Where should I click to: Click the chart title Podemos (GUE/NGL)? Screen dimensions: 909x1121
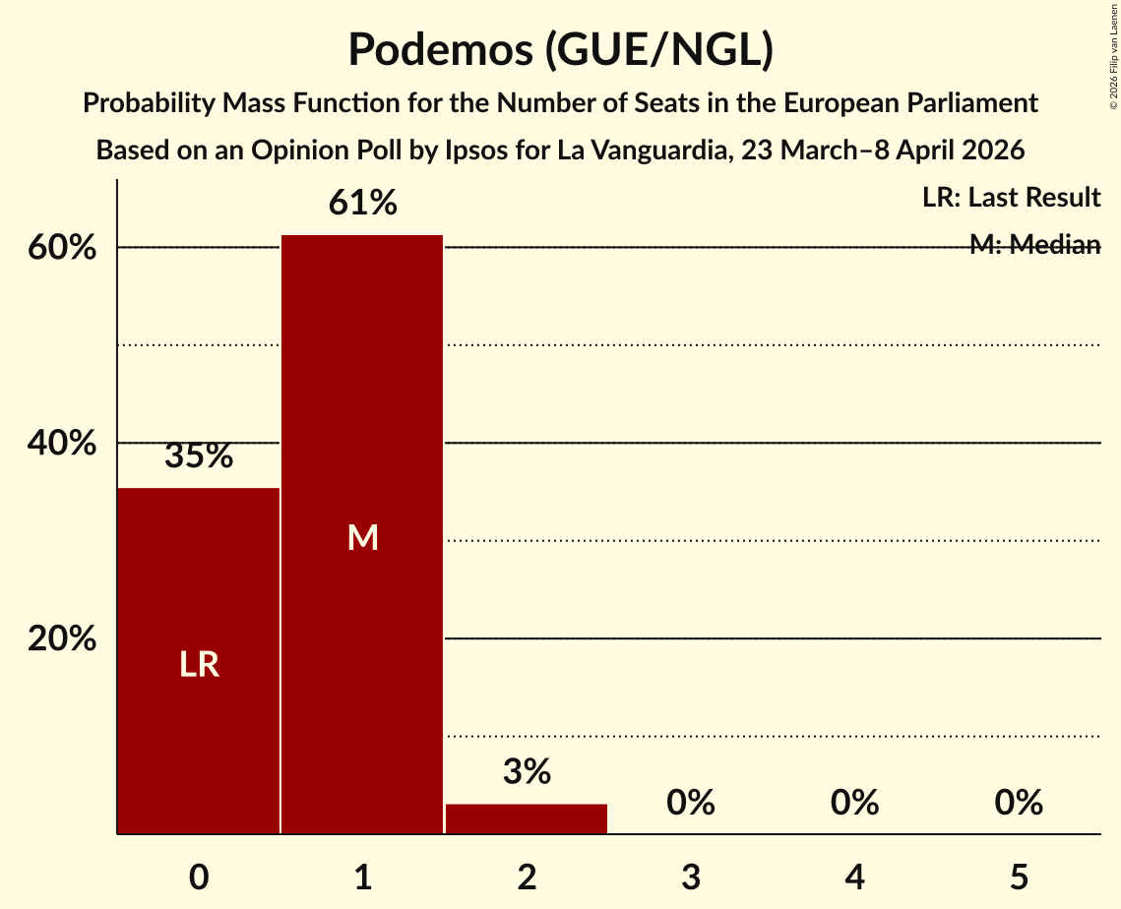pyautogui.click(x=560, y=49)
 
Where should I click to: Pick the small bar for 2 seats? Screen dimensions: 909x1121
pyautogui.click(x=527, y=818)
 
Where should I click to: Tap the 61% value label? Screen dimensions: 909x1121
pyautogui.click(x=362, y=204)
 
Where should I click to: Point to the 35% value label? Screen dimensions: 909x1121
pyautogui.click(x=199, y=456)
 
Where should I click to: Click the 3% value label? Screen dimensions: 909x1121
pyautogui.click(x=527, y=772)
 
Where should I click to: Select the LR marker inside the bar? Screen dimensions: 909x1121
pyautogui.click(x=199, y=665)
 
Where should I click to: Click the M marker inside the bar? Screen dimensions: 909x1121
pyautogui.click(x=362, y=537)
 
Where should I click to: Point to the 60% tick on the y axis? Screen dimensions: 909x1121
pyautogui.click(x=62, y=248)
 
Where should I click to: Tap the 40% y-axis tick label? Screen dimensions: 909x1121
pyautogui.click(x=62, y=444)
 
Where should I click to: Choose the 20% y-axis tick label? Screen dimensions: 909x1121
pyautogui.click(x=62, y=639)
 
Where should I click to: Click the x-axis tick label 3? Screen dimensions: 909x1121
pyautogui.click(x=690, y=877)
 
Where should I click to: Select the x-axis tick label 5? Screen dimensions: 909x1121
pyautogui.click(x=1018, y=877)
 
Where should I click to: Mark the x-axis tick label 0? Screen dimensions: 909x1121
pyautogui.click(x=199, y=877)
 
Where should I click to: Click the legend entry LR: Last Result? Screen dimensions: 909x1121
pyautogui.click(x=1011, y=198)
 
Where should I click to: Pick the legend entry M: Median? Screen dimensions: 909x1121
pyautogui.click(x=1034, y=245)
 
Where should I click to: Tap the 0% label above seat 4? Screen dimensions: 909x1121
pyautogui.click(x=854, y=804)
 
